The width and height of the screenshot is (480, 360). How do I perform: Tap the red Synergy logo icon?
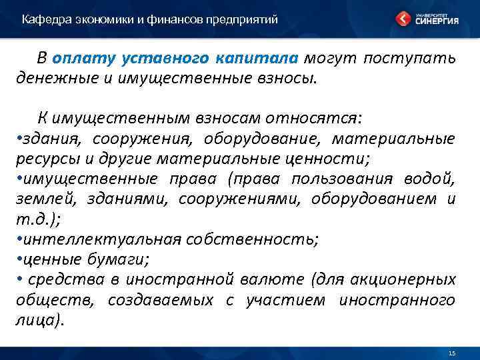click(403, 19)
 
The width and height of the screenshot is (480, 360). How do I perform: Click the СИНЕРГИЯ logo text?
click(437, 21)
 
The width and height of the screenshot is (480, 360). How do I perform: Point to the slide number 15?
click(452, 353)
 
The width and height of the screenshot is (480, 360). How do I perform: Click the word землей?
click(39, 200)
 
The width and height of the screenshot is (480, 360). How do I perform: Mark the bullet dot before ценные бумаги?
click(19, 260)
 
